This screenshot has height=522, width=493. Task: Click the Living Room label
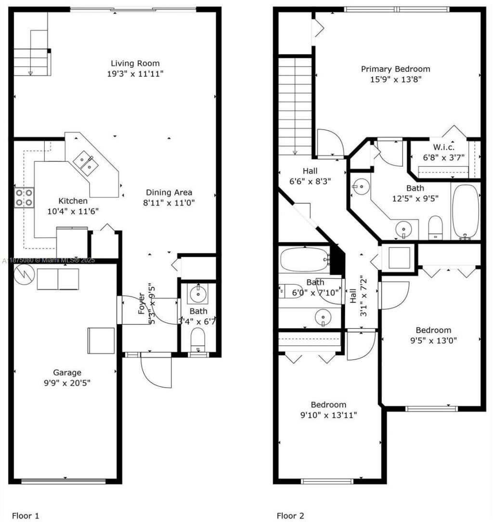(x=135, y=64)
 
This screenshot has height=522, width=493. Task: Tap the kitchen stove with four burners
(x=24, y=197)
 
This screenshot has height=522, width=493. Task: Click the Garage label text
(x=67, y=372)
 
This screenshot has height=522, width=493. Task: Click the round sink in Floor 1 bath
(x=197, y=294)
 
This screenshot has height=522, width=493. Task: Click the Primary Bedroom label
(x=395, y=69)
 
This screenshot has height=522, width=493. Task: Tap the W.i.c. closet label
(x=443, y=147)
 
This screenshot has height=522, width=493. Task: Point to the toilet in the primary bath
(x=435, y=227)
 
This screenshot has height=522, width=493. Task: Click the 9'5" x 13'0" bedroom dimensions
(x=433, y=340)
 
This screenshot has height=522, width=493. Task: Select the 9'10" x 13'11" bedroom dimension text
(x=328, y=415)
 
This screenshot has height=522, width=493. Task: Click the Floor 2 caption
(x=290, y=516)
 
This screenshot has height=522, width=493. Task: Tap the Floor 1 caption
(x=26, y=516)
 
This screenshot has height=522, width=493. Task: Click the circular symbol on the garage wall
(x=22, y=275)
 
